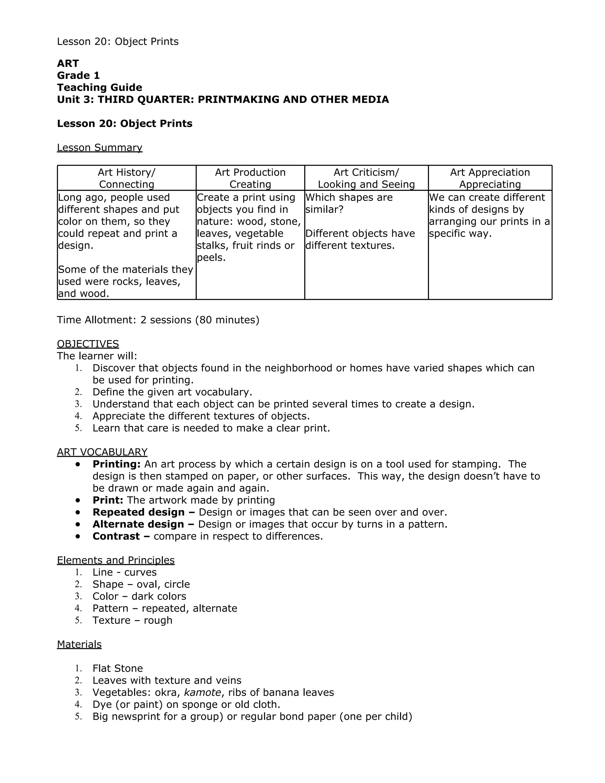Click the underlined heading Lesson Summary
(x=99, y=147)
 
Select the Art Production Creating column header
(x=250, y=178)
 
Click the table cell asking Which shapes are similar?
(x=349, y=203)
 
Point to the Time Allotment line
(x=158, y=319)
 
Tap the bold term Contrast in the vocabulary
(x=116, y=536)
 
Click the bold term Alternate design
(x=138, y=524)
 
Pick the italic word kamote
(x=202, y=692)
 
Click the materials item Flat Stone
(x=118, y=668)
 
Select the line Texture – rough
(x=132, y=620)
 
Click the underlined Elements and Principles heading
(x=116, y=560)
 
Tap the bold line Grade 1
(x=78, y=75)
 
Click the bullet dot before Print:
(x=78, y=500)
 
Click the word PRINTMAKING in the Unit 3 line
(x=238, y=99)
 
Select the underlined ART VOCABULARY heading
(x=102, y=452)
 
